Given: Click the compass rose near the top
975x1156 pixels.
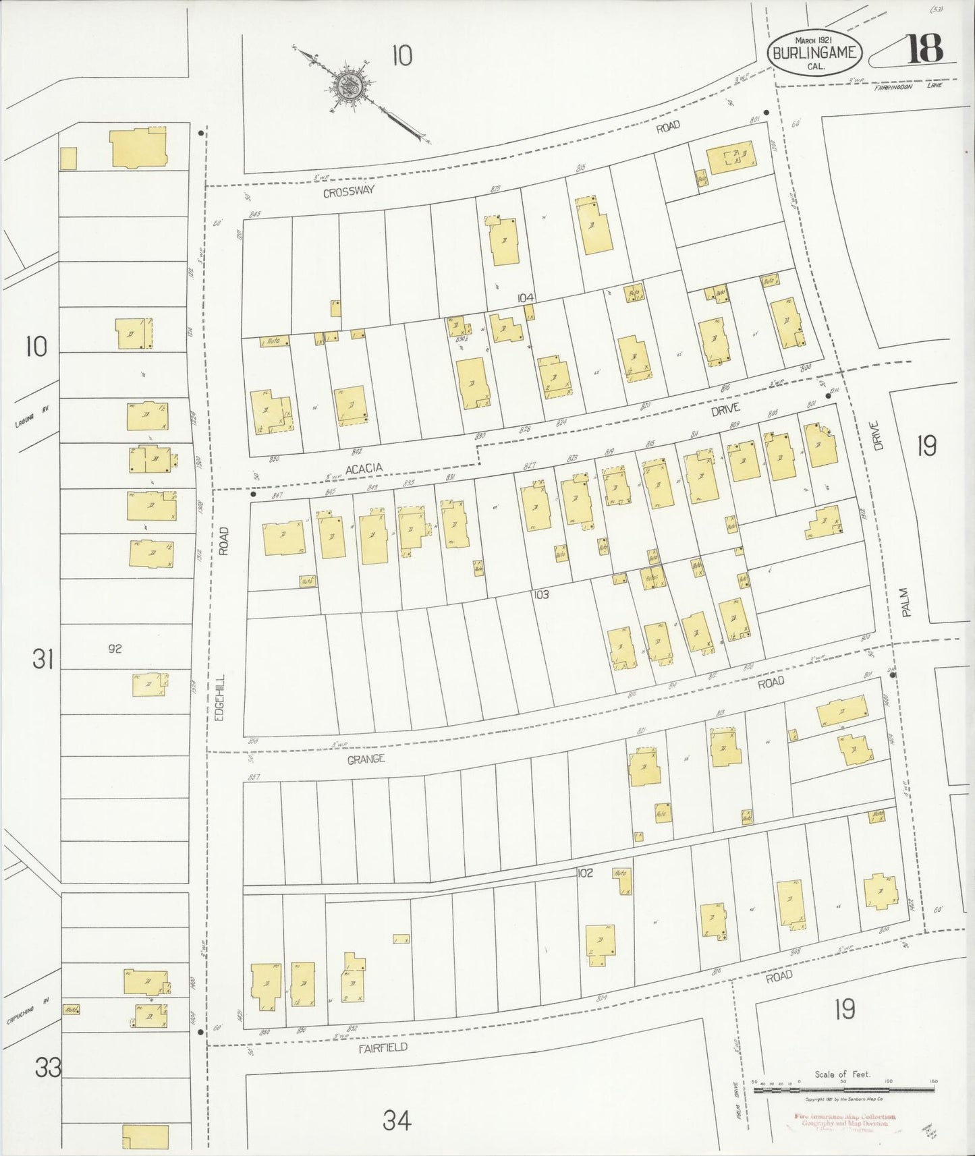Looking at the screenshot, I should pos(351,86).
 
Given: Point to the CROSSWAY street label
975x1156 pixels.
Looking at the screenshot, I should pos(348,192).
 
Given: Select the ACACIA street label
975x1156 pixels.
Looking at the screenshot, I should pos(364,468).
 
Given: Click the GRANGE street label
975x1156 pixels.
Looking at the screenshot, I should pos(366,759).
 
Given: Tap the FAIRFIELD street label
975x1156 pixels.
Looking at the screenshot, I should pos(383,1047).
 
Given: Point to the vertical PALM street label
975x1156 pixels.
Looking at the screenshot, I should pos(906,602).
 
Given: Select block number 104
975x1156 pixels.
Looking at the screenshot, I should pos(526,298).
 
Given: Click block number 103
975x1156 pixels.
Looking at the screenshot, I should pos(540,594).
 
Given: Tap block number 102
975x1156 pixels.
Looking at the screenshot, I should pos(584,873).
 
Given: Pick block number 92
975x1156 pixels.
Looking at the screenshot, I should pos(115,649).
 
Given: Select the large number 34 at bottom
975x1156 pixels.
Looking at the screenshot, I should pos(397,1120).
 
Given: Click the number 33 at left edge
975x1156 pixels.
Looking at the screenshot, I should pos(49,1068).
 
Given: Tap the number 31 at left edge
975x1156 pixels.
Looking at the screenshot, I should pos(43,659).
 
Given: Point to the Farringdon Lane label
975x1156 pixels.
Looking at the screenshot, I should pos(907,86).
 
